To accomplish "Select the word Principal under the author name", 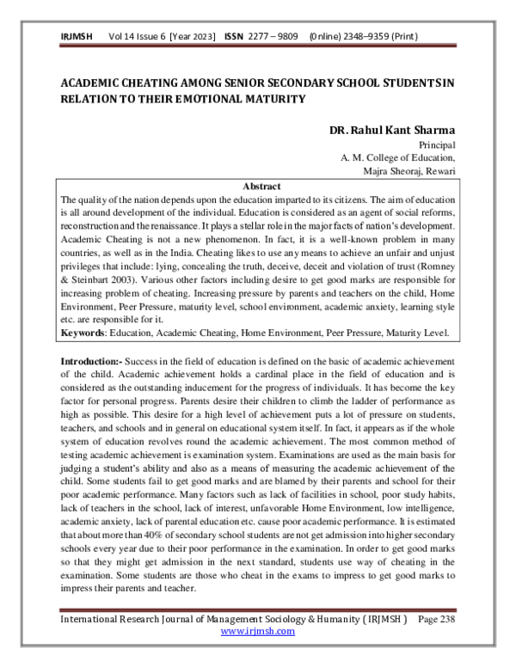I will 436,145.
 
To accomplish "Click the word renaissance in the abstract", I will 190,225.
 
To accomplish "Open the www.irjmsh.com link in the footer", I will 257,631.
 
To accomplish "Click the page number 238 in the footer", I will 445,618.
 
